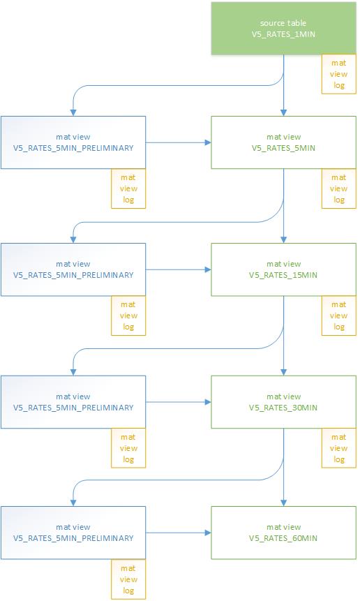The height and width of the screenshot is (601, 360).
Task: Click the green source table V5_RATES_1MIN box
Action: (x=283, y=28)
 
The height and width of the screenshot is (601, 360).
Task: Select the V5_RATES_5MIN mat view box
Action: (x=283, y=142)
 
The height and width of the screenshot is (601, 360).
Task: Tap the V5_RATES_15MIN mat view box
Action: (x=283, y=269)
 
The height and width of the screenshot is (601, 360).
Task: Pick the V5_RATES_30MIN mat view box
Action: (x=283, y=402)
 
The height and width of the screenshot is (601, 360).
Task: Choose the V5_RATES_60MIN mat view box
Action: (x=283, y=533)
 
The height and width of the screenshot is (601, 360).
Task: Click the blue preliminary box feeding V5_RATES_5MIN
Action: (x=73, y=142)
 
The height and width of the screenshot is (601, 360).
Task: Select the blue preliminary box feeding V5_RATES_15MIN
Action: (x=73, y=269)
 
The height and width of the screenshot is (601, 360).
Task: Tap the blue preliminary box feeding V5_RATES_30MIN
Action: (x=73, y=402)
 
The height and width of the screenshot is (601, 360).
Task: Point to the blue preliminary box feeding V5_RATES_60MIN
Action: (x=73, y=533)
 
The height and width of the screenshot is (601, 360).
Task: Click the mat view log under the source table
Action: (x=338, y=74)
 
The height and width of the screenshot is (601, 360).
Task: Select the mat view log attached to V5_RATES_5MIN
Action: (x=338, y=188)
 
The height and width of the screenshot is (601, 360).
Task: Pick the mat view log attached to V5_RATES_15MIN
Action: (x=338, y=316)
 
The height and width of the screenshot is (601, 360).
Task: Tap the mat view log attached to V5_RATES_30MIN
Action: (x=338, y=448)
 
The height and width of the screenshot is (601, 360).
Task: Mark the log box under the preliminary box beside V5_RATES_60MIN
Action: (x=128, y=579)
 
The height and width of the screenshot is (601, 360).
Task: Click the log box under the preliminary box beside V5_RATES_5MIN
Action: (x=128, y=188)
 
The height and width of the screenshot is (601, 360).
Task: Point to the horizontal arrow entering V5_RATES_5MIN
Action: (x=178, y=142)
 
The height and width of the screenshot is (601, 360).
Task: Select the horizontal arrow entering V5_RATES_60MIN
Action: (x=178, y=533)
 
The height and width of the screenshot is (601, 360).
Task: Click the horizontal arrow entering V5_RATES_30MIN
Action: (x=178, y=402)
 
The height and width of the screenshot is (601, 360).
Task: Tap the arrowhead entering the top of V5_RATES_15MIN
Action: (x=283, y=239)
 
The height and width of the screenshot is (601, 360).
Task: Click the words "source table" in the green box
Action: (x=283, y=23)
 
